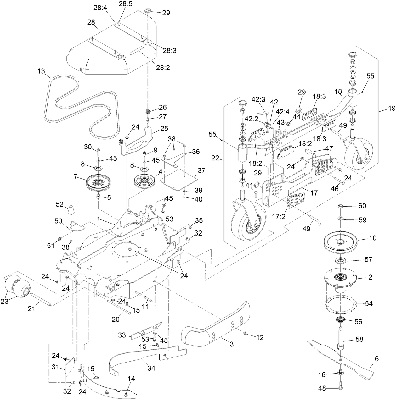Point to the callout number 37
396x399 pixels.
tap(201, 171)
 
